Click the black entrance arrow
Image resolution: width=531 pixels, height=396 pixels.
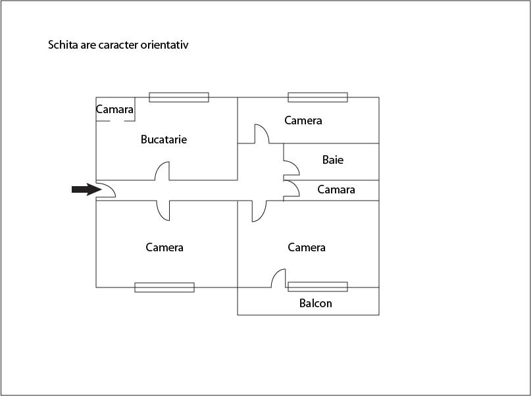point(87,189)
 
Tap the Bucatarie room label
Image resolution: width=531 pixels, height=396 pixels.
point(164,139)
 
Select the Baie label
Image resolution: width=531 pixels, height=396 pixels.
point(333,160)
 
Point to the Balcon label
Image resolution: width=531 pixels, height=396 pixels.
point(316,303)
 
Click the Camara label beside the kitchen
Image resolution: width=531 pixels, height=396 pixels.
point(114,109)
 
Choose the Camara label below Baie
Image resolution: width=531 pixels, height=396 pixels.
point(336,189)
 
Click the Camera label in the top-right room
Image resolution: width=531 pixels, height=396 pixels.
point(303,120)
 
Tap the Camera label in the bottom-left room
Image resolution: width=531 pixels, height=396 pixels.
point(164,247)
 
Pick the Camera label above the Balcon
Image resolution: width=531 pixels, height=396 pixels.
point(307,247)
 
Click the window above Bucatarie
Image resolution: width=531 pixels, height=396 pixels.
point(179,97)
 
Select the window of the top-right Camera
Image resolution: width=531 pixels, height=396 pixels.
point(318,97)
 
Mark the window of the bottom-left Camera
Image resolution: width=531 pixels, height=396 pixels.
point(164,287)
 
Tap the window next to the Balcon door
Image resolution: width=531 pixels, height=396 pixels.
point(318,287)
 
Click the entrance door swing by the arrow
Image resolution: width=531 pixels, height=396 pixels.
point(106,190)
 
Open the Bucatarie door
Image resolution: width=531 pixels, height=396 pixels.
point(162,171)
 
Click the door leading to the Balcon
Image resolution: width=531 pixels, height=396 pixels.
point(278,278)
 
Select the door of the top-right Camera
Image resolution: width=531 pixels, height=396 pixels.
point(262,134)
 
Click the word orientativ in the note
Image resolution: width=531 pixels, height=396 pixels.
point(164,45)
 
